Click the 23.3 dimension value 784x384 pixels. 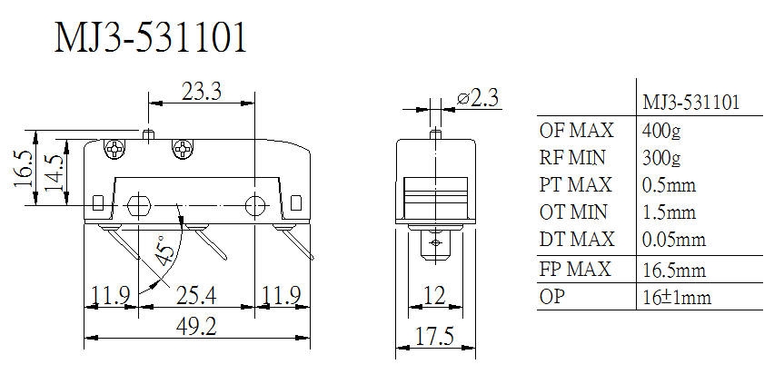click(x=202, y=92)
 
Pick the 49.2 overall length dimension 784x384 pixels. click(x=195, y=327)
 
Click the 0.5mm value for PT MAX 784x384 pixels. click(x=669, y=185)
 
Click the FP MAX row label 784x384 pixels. click(x=575, y=269)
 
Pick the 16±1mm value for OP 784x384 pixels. click(x=676, y=297)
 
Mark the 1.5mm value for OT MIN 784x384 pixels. click(x=669, y=212)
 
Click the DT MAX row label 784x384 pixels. click(x=577, y=240)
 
